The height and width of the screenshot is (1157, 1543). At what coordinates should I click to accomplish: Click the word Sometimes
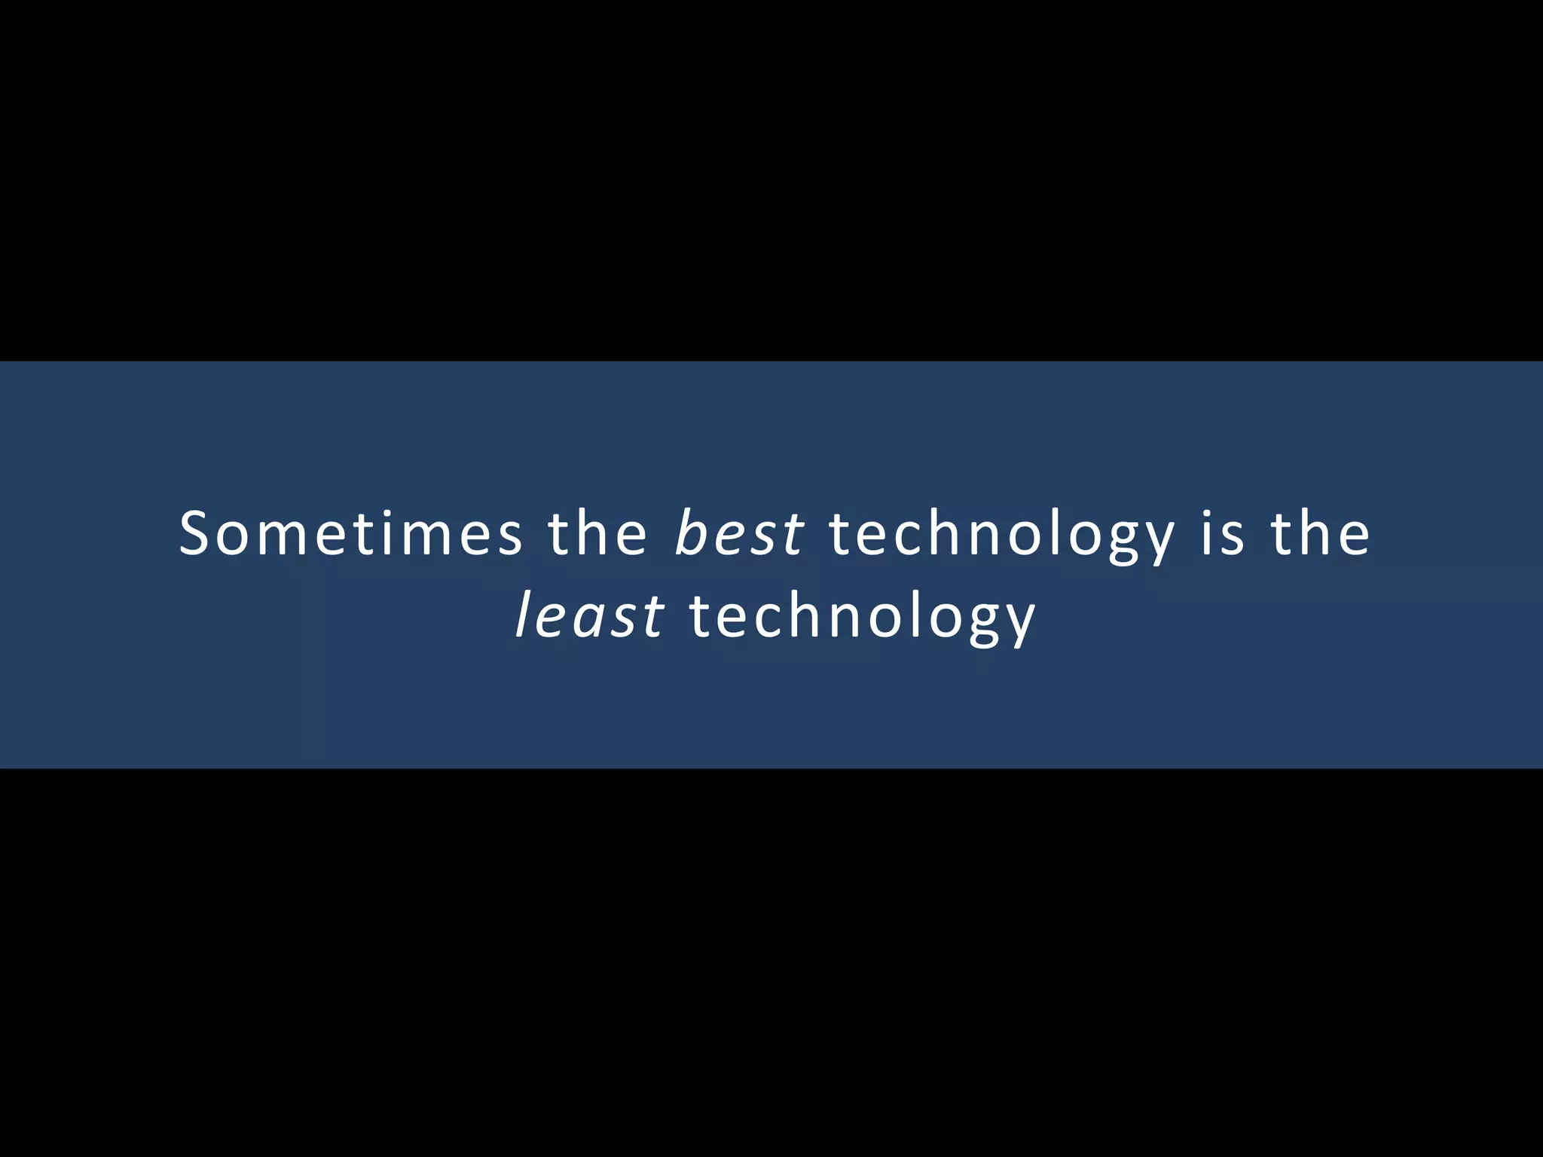pos(350,533)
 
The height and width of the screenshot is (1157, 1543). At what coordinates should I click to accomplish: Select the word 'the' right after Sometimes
pos(597,533)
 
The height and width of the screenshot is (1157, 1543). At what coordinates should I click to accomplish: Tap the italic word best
pos(739,533)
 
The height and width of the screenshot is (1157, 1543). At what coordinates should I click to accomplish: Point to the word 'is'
pos(1221,533)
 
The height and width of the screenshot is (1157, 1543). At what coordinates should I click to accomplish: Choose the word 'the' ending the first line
pos(1320,533)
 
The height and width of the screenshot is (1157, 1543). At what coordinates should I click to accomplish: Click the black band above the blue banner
pos(771,181)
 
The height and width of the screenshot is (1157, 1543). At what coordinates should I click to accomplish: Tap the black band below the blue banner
pos(771,964)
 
